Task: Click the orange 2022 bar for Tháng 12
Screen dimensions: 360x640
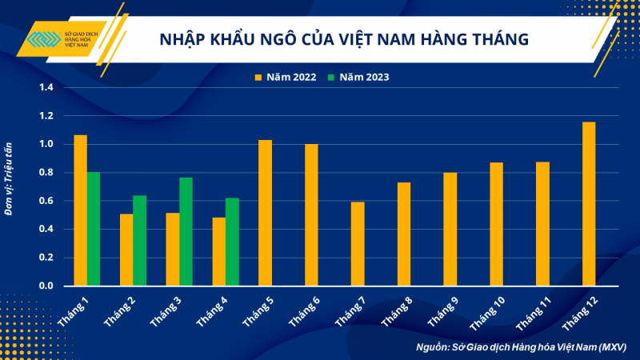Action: click(x=589, y=204)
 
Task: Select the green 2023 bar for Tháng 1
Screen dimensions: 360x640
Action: click(x=93, y=229)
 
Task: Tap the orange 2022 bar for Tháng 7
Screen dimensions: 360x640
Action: click(x=358, y=244)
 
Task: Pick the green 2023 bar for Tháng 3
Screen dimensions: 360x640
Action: click(x=186, y=231)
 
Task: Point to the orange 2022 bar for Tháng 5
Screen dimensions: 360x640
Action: click(x=265, y=213)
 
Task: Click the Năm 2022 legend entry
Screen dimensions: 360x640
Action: click(x=285, y=77)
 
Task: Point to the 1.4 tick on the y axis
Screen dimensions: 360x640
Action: click(x=45, y=87)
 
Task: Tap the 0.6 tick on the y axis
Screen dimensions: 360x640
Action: click(x=45, y=201)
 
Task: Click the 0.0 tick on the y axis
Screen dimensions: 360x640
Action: click(x=45, y=286)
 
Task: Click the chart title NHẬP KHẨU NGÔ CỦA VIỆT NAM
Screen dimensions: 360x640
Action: click(x=344, y=38)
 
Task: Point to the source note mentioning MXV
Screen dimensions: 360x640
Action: click(x=521, y=347)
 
